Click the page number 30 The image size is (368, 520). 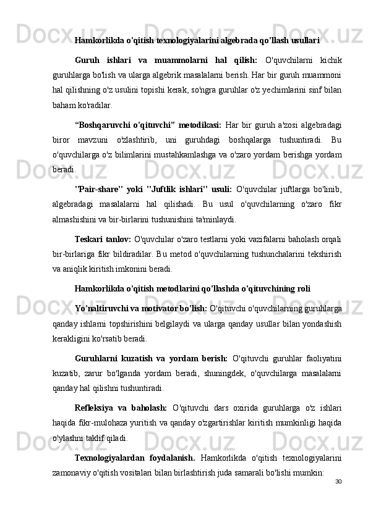(338, 481)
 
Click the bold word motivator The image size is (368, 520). (157, 302)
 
